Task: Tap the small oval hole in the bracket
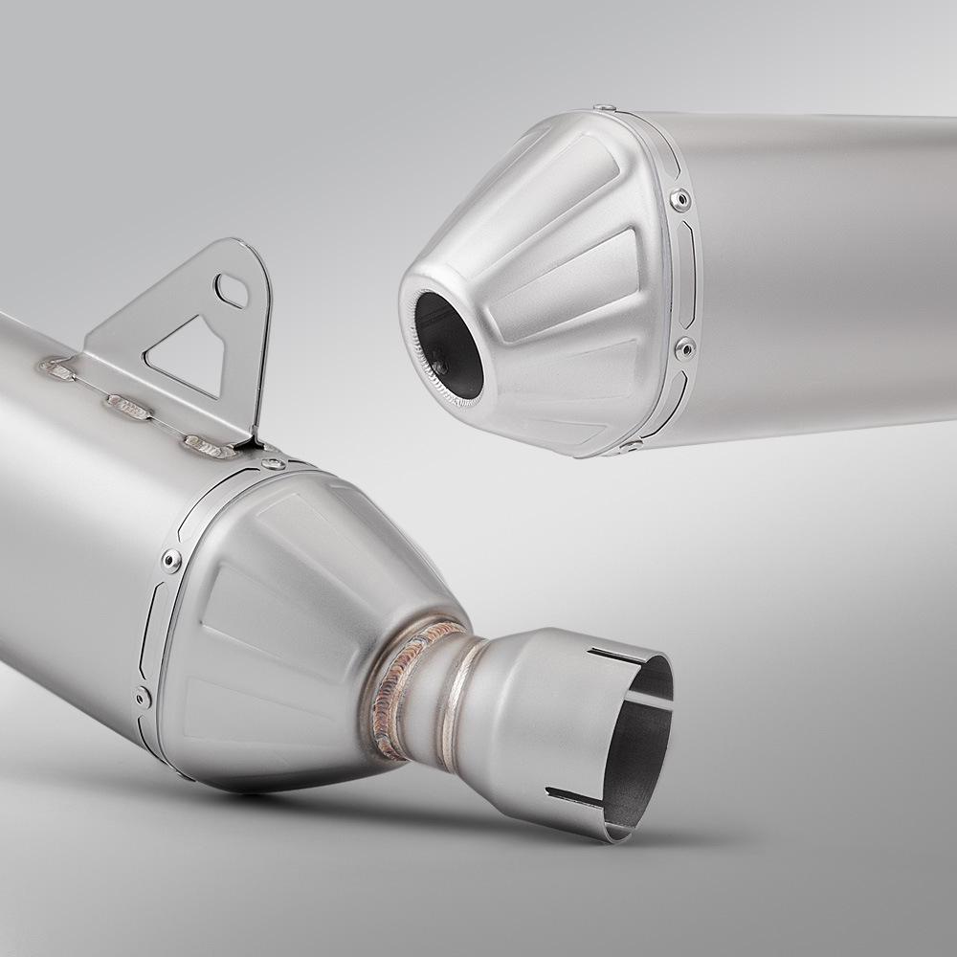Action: tap(231, 289)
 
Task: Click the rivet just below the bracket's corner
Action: tap(274, 463)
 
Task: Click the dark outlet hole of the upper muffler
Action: tap(448, 345)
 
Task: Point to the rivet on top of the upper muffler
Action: tap(604, 109)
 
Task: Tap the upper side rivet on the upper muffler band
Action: tap(679, 200)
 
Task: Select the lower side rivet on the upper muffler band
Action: tap(685, 347)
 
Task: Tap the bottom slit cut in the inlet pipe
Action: tap(574, 796)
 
